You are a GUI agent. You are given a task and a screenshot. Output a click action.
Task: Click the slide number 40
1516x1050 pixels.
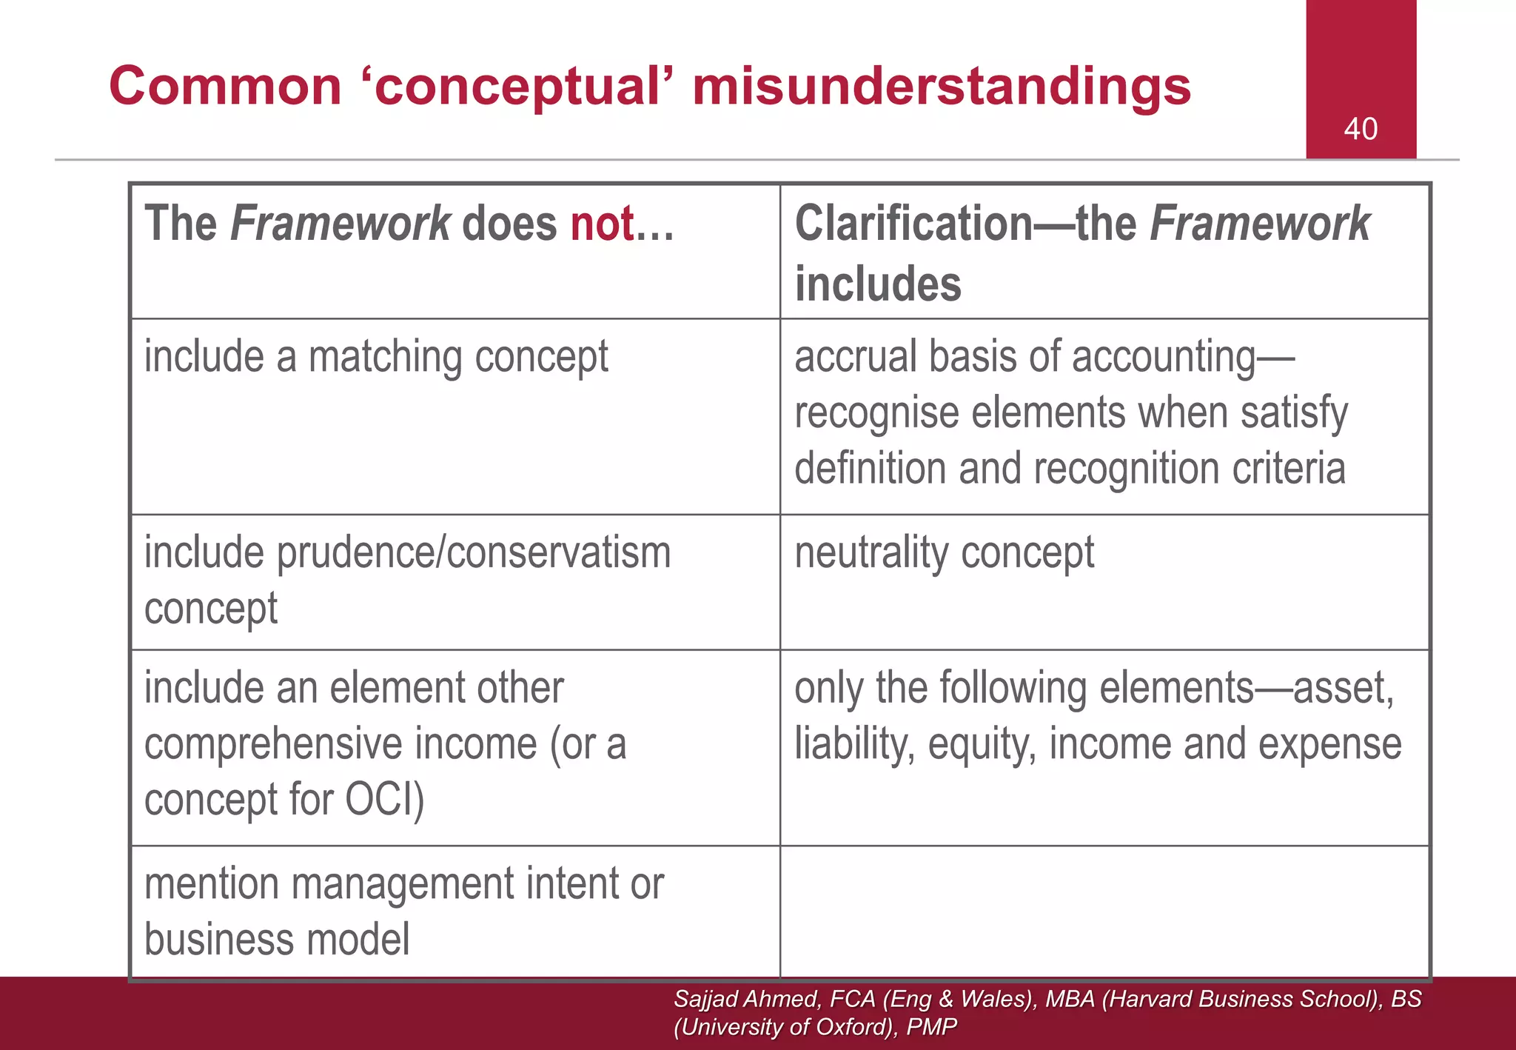(1361, 129)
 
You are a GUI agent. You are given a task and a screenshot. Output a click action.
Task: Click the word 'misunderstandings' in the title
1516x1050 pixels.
(942, 86)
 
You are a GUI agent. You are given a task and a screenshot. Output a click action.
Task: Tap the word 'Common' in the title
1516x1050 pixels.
(226, 86)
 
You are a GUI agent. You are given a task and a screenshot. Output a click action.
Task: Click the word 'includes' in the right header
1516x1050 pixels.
(878, 284)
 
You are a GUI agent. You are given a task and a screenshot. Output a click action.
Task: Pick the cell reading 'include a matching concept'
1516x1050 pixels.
(376, 357)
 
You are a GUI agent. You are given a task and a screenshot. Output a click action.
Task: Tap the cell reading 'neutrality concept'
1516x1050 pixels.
(944, 553)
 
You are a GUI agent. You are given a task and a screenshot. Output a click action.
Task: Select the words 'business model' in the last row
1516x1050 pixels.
(277, 940)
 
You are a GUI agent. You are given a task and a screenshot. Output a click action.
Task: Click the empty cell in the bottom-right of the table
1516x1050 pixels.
(1104, 912)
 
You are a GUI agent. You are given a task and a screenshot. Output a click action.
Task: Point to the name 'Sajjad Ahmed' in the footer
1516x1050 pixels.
(746, 999)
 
